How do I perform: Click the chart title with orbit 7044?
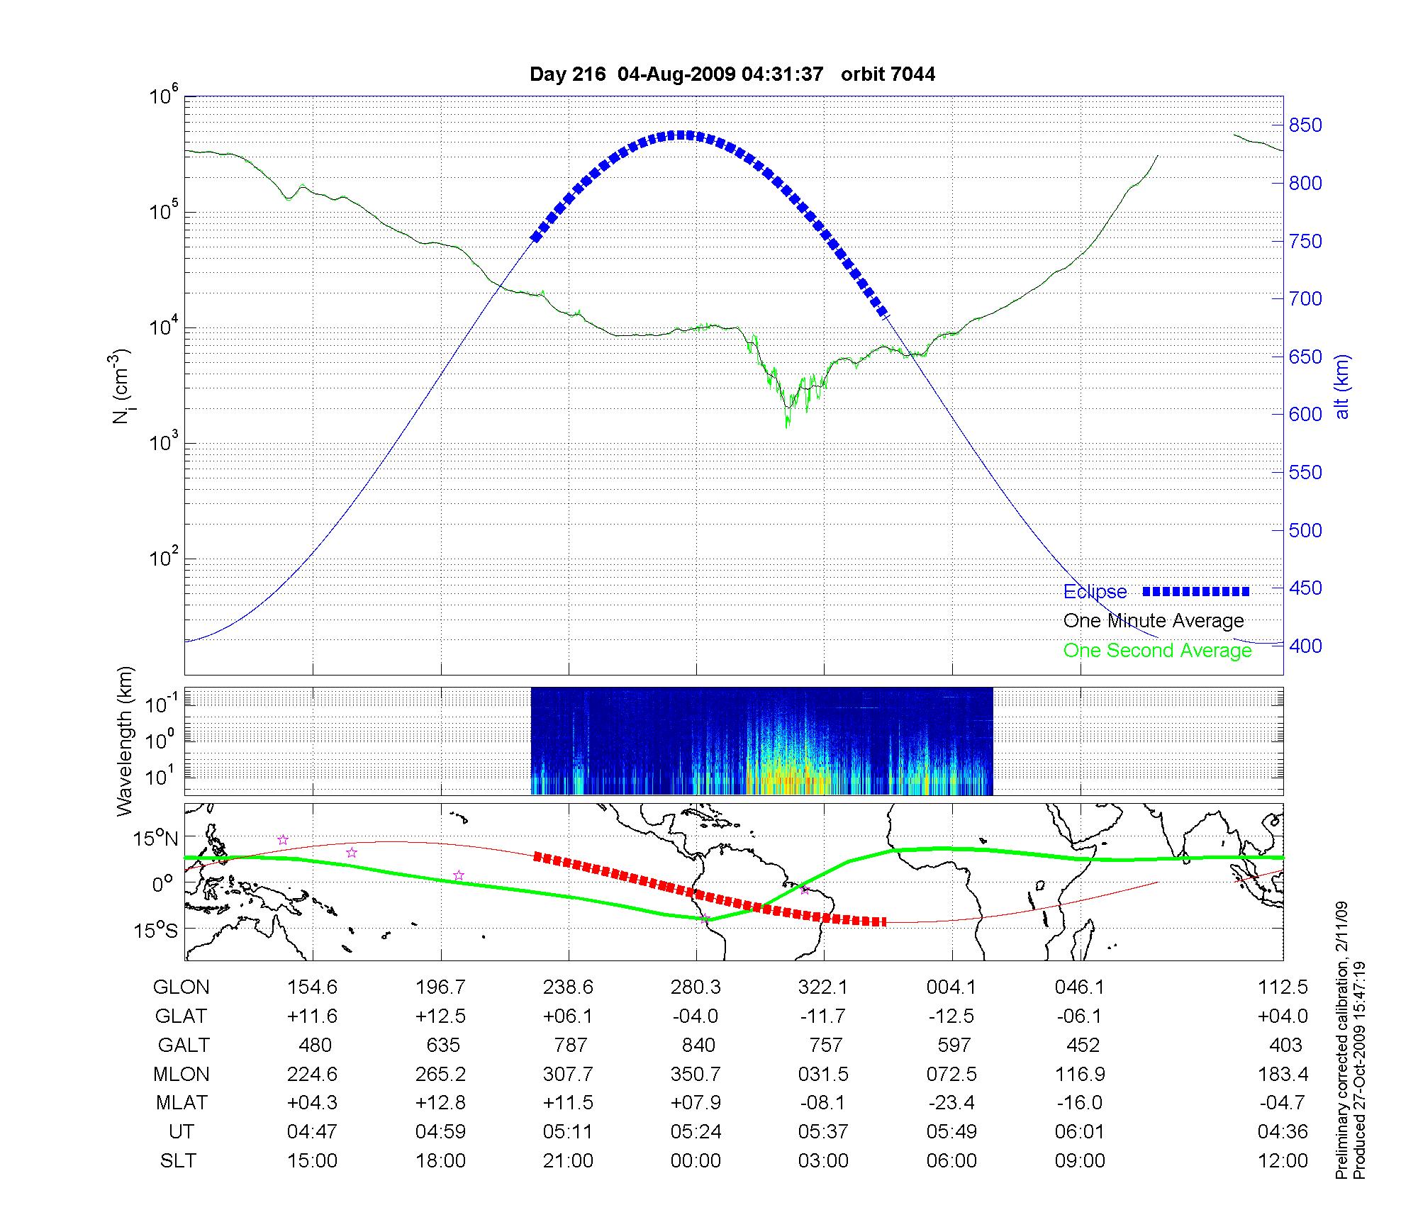pyautogui.click(x=732, y=74)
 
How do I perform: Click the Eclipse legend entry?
pyautogui.click(x=1095, y=592)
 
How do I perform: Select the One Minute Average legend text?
pyautogui.click(x=1154, y=621)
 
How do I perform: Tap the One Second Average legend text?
pyautogui.click(x=1157, y=651)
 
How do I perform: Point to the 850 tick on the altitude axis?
pyautogui.click(x=1305, y=125)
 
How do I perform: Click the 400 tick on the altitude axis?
pyautogui.click(x=1305, y=646)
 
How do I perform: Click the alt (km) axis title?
pyautogui.click(x=1342, y=386)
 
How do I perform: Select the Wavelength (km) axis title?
pyautogui.click(x=125, y=741)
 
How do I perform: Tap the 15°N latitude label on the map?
pyautogui.click(x=155, y=839)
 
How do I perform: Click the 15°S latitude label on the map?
pyautogui.click(x=155, y=930)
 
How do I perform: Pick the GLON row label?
pyautogui.click(x=181, y=987)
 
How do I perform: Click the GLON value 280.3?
pyautogui.click(x=696, y=987)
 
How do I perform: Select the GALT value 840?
pyautogui.click(x=698, y=1045)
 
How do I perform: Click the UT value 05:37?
pyautogui.click(x=823, y=1131)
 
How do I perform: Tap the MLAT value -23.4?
pyautogui.click(x=951, y=1103)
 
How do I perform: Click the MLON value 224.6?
pyautogui.click(x=312, y=1074)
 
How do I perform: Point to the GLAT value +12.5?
pyautogui.click(x=440, y=1016)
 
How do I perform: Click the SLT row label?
pyautogui.click(x=178, y=1160)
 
